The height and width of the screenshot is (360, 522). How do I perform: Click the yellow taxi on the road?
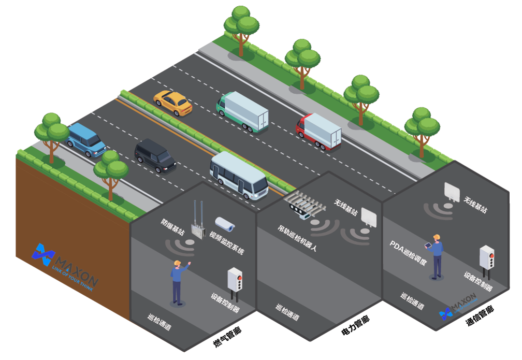pyautogui.click(x=173, y=103)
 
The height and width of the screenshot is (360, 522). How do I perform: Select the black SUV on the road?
pyautogui.click(x=155, y=155)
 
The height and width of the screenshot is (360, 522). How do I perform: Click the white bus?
pyautogui.click(x=239, y=175)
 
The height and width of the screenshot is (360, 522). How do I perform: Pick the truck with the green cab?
pyautogui.click(x=242, y=111)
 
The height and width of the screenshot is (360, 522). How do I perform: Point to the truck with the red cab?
pyautogui.click(x=318, y=131)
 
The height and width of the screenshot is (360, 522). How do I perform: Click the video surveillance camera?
pyautogui.click(x=225, y=224)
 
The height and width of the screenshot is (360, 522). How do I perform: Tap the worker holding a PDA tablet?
pyautogui.click(x=436, y=256)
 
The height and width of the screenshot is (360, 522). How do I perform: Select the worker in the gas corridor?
pyautogui.click(x=178, y=282)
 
